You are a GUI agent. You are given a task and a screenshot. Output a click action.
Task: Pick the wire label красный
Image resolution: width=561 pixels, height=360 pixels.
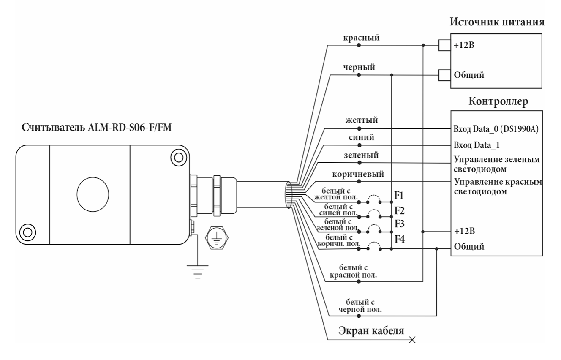(x=359, y=38)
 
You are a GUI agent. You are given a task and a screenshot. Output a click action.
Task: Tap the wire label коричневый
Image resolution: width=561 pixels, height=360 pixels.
(x=359, y=174)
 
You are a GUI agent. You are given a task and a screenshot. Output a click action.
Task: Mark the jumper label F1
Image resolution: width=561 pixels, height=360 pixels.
(x=400, y=196)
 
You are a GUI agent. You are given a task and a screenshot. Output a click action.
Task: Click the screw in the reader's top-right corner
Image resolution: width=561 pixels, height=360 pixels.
(x=179, y=157)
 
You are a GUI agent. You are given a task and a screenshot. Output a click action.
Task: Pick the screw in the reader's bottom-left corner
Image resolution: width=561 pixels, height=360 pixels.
(x=28, y=232)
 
